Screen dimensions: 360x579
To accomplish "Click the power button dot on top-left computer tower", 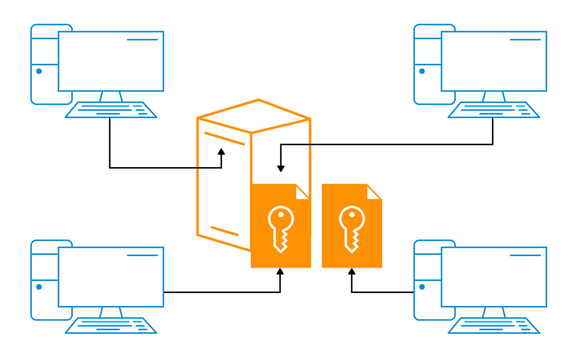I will point(39,71).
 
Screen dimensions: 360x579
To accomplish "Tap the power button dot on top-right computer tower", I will point(422,71).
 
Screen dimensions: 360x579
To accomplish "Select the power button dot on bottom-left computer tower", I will point(39,287).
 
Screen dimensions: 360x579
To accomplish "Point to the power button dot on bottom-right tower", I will point(422,287).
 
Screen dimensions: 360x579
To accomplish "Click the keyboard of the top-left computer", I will point(111,110).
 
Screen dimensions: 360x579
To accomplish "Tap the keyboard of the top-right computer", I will point(494,110).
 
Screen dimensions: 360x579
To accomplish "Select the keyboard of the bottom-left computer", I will point(111,325).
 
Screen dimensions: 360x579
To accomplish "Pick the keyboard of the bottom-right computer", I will point(494,325).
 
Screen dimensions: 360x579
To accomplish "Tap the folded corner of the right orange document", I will point(373,192).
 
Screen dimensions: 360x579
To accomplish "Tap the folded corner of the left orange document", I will point(302,192).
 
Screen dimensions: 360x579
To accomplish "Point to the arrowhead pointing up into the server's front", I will point(221,152).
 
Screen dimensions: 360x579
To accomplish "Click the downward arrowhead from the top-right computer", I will point(280,168).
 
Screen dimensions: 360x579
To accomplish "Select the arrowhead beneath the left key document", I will point(280,272).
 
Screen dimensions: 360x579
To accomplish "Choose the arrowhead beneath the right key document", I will point(352,272).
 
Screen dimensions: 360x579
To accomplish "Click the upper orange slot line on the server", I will point(224,138).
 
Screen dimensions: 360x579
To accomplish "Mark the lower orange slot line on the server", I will point(224,231).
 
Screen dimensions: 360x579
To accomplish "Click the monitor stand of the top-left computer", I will point(111,97).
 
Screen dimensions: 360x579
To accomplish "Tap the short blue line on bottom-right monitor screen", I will point(525,255).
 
